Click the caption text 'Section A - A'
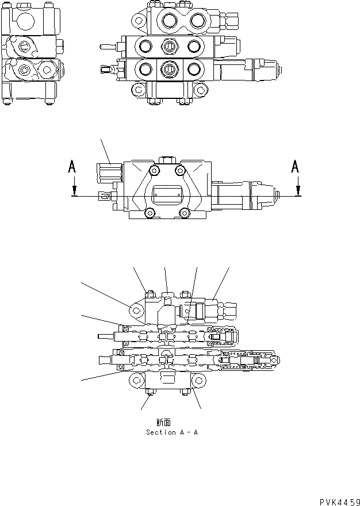(x=171, y=432)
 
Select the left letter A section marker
(x=72, y=167)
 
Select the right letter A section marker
(x=295, y=167)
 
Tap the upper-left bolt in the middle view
(x=154, y=171)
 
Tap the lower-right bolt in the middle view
(x=185, y=213)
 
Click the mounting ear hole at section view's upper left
(x=136, y=311)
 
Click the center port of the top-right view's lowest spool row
(x=167, y=68)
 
